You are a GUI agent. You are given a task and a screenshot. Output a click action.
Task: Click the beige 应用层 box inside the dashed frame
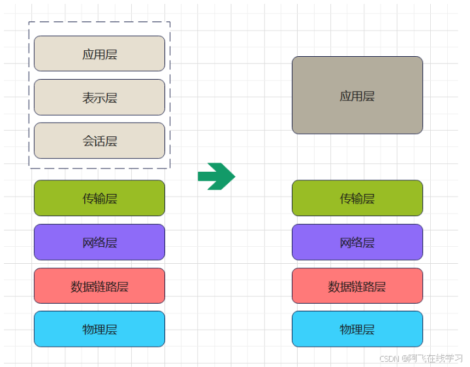pos(99,54)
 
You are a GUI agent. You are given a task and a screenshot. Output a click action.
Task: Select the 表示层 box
pos(99,97)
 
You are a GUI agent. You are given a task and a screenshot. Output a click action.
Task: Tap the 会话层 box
pos(99,140)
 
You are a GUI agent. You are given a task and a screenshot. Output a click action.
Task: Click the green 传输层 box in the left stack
pos(99,198)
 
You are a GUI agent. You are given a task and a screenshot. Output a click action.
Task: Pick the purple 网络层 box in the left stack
pos(99,242)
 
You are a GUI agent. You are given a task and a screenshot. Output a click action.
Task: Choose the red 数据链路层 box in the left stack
pos(99,286)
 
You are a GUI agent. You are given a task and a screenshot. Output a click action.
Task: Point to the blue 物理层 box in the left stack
pos(99,329)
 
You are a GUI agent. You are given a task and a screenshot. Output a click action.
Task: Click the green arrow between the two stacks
pos(215,176)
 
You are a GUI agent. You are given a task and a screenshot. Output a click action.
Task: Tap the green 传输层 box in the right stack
pos(357,198)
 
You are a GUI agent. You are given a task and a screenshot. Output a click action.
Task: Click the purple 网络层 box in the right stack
pos(357,242)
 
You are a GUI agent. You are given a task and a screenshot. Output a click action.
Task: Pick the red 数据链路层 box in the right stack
pos(357,286)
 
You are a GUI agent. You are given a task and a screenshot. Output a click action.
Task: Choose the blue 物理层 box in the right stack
pos(357,329)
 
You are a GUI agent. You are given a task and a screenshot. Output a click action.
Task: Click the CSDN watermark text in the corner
pos(420,359)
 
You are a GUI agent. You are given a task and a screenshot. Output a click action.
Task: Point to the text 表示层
pos(99,98)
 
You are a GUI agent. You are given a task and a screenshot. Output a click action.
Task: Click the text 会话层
pos(99,141)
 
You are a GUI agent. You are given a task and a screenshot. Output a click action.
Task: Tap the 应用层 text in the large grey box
pos(357,96)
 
